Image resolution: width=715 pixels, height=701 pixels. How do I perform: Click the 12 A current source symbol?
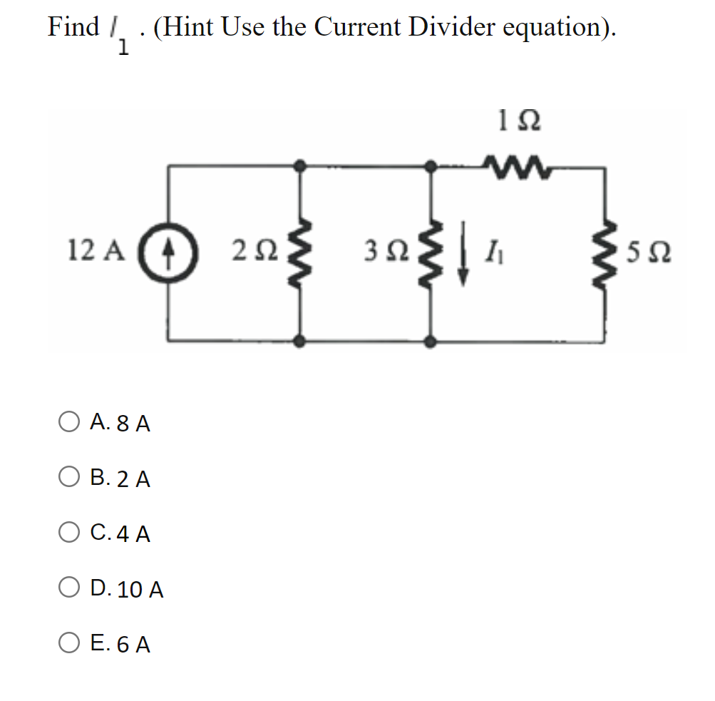[x=169, y=252]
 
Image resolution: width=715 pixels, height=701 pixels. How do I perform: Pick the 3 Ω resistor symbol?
[x=431, y=252]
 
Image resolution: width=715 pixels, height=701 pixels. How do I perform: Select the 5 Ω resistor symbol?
[x=606, y=252]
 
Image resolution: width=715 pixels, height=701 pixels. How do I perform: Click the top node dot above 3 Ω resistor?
[x=431, y=166]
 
